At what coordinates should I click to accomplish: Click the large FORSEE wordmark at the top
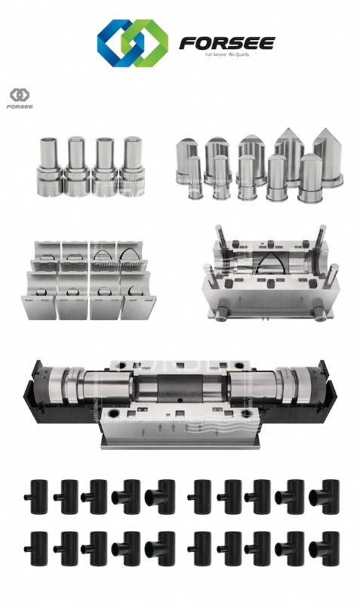click(226, 43)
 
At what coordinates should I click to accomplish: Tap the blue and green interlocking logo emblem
click(132, 43)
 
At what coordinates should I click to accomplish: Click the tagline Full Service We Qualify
click(227, 54)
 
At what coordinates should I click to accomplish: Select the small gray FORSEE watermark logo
click(20, 99)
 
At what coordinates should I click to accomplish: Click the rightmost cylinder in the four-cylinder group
click(132, 166)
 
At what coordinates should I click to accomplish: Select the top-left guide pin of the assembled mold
click(220, 239)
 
